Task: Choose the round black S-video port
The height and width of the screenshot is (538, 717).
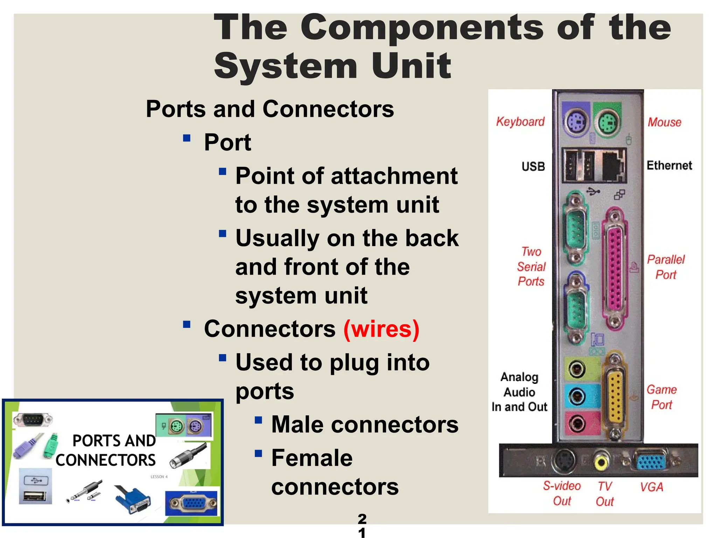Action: [x=563, y=461]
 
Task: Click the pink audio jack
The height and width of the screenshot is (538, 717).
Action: [x=576, y=423]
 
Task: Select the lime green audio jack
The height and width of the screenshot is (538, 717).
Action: [x=576, y=369]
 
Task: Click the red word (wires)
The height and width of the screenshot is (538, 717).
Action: [x=381, y=329]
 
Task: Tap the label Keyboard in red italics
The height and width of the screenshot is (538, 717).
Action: [x=520, y=122]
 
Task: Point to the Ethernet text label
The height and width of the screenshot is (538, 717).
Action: [x=669, y=165]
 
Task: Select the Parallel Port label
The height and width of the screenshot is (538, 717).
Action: [x=666, y=267]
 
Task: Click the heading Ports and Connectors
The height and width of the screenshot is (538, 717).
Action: [x=270, y=109]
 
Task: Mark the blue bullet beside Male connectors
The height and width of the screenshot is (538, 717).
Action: [x=258, y=420]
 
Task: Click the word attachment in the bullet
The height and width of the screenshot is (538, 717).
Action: [x=394, y=176]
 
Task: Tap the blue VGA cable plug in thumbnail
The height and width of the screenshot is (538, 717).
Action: [x=134, y=500]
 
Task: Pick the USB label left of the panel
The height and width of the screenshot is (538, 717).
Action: [x=533, y=166]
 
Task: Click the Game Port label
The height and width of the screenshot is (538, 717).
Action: [x=661, y=397]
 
